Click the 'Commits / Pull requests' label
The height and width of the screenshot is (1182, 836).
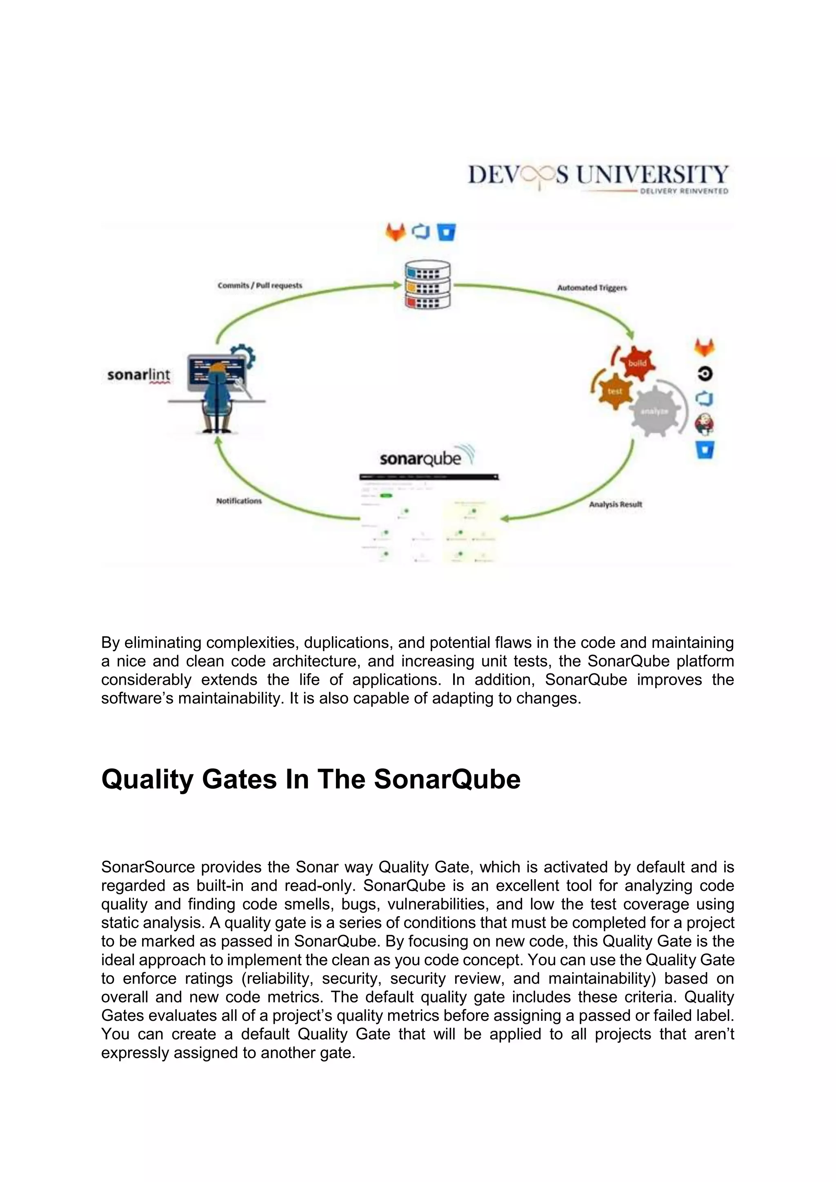(x=260, y=285)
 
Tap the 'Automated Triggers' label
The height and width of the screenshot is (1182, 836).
(x=592, y=288)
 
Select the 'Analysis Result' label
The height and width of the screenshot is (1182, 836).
(x=615, y=504)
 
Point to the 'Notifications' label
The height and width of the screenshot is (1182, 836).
(x=239, y=500)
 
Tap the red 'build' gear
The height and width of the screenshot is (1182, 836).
(x=637, y=363)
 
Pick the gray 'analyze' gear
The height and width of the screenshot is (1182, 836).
(x=654, y=411)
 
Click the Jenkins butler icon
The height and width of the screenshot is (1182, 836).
(x=704, y=424)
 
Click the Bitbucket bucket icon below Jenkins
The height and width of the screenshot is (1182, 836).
(x=705, y=449)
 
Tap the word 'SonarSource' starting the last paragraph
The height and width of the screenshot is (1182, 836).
(x=148, y=867)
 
